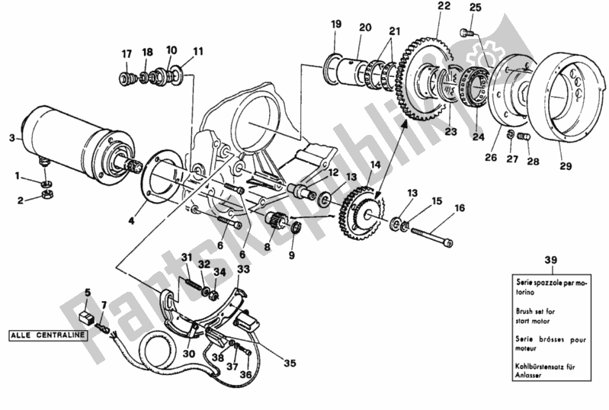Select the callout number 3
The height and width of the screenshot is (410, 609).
point(11,137)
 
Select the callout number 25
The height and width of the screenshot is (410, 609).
point(476,8)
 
